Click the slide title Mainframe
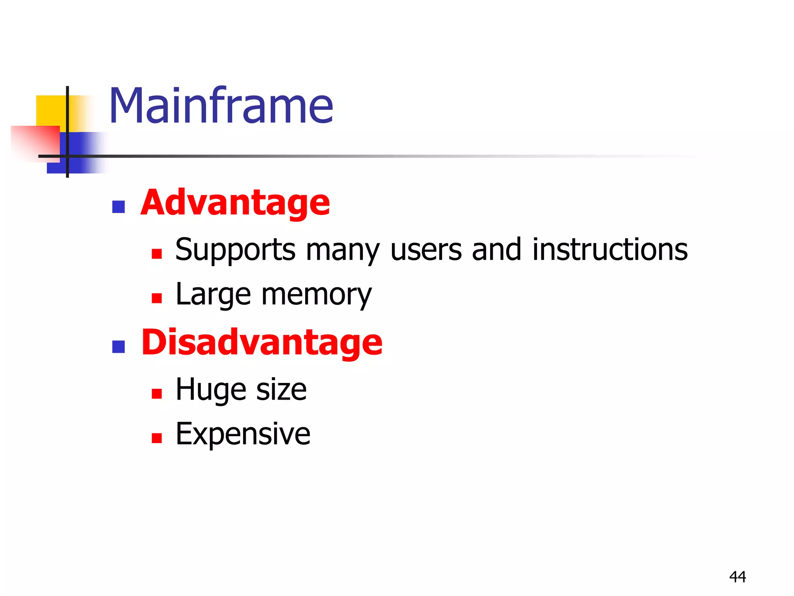(221, 106)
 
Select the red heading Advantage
(235, 203)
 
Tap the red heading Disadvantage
(262, 342)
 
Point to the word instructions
(610, 249)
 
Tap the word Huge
(211, 390)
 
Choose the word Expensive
(243, 434)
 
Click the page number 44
(737, 577)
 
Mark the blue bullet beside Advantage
(118, 207)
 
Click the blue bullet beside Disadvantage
(118, 347)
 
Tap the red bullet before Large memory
(157, 298)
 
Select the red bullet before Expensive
(157, 438)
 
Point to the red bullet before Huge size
(157, 394)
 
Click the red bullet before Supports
(157, 254)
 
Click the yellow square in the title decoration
(50, 111)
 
